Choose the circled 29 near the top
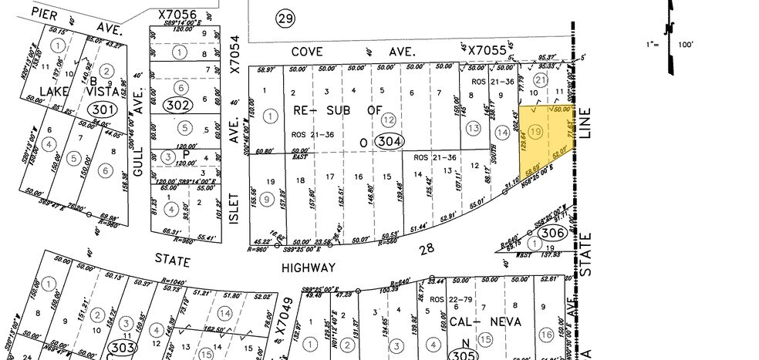286,19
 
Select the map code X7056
177,14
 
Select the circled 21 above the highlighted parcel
541,80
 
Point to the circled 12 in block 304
389,119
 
